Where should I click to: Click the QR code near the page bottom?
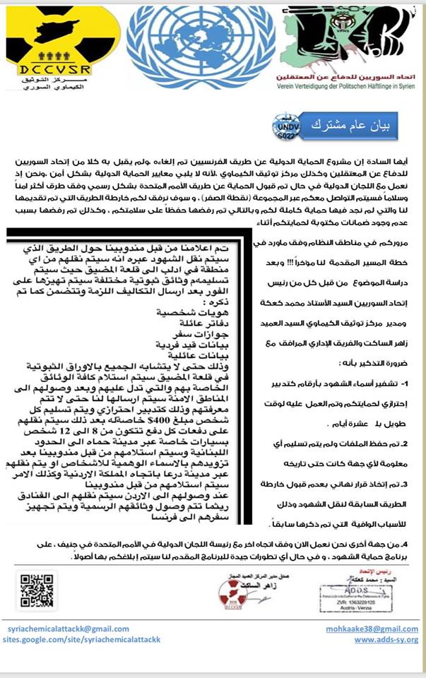35,588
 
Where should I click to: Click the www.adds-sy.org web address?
386,639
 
